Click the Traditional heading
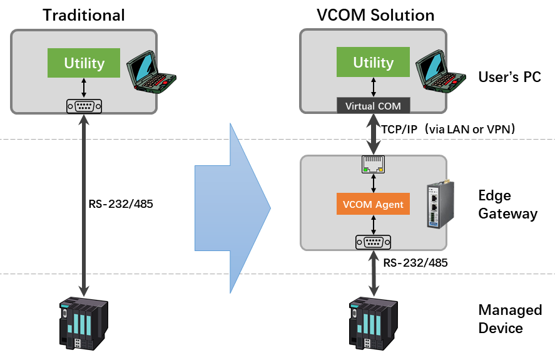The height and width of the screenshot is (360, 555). tap(84, 15)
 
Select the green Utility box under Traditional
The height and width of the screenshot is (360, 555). tap(84, 63)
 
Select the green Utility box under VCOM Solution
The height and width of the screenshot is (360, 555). tap(374, 63)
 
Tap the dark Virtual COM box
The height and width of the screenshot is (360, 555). tap(374, 106)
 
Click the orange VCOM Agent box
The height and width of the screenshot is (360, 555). tap(374, 204)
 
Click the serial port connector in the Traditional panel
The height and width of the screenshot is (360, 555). tap(84, 106)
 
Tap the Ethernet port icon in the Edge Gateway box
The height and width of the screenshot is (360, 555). tap(374, 165)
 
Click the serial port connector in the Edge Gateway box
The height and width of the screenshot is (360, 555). tap(374, 242)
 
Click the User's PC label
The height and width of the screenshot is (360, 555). tap(509, 78)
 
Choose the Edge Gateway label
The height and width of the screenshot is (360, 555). tap(507, 205)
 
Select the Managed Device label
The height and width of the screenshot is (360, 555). tap(509, 319)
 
